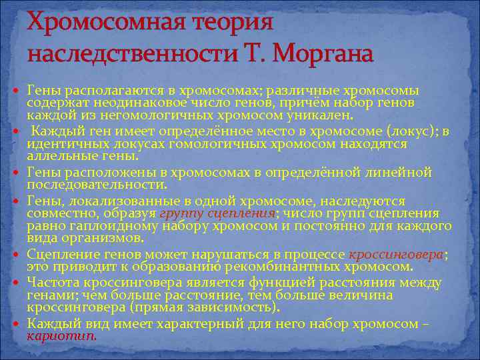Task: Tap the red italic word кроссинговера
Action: click(397, 255)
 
